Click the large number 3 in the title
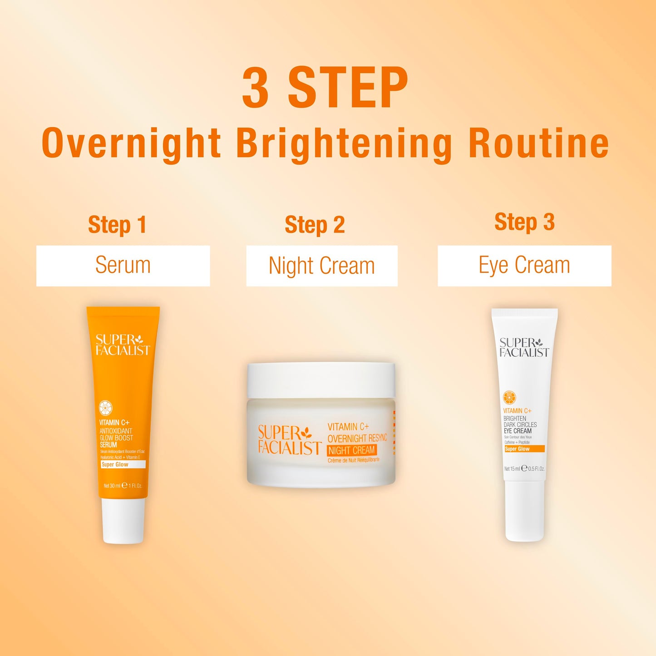click(255, 87)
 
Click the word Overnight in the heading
click(131, 143)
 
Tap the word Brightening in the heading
click(344, 144)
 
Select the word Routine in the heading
click(538, 143)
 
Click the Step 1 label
click(117, 225)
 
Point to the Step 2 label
click(315, 225)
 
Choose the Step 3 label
click(524, 222)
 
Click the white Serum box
click(123, 266)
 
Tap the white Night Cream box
click(322, 266)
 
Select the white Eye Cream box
click(524, 266)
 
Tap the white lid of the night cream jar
click(321, 380)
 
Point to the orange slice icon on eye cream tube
click(509, 398)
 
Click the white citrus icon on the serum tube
click(106, 408)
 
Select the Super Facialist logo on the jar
click(289, 440)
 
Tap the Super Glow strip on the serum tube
click(123, 464)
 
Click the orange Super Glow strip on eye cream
click(524, 449)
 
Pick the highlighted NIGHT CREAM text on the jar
click(352, 450)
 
